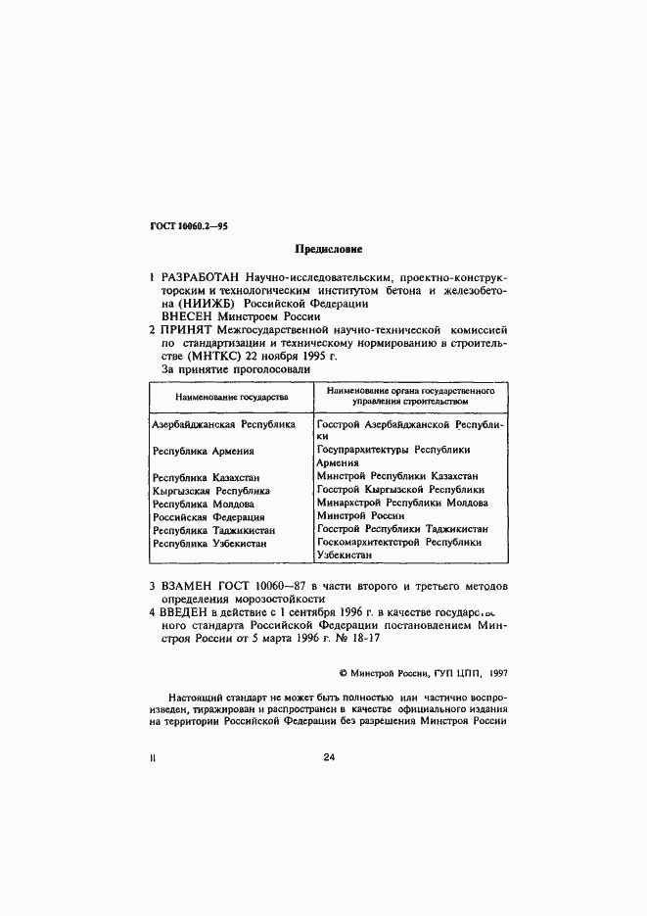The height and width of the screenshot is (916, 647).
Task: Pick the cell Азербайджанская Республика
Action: [x=223, y=426]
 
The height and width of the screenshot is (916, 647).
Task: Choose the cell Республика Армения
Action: [x=204, y=451]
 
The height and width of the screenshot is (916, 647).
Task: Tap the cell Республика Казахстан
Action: [x=208, y=476]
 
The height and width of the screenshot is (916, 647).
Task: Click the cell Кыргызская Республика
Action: [x=210, y=490]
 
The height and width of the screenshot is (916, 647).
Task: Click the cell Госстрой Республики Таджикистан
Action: [x=403, y=528]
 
